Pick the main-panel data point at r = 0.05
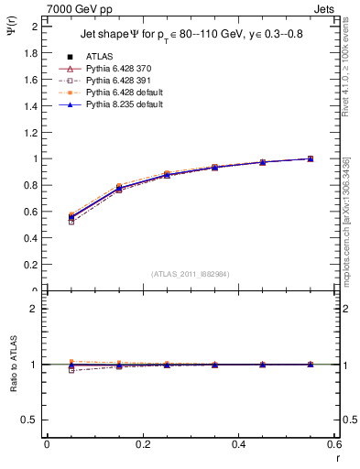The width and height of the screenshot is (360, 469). coord(71,217)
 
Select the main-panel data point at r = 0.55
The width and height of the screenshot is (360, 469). coord(311,158)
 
